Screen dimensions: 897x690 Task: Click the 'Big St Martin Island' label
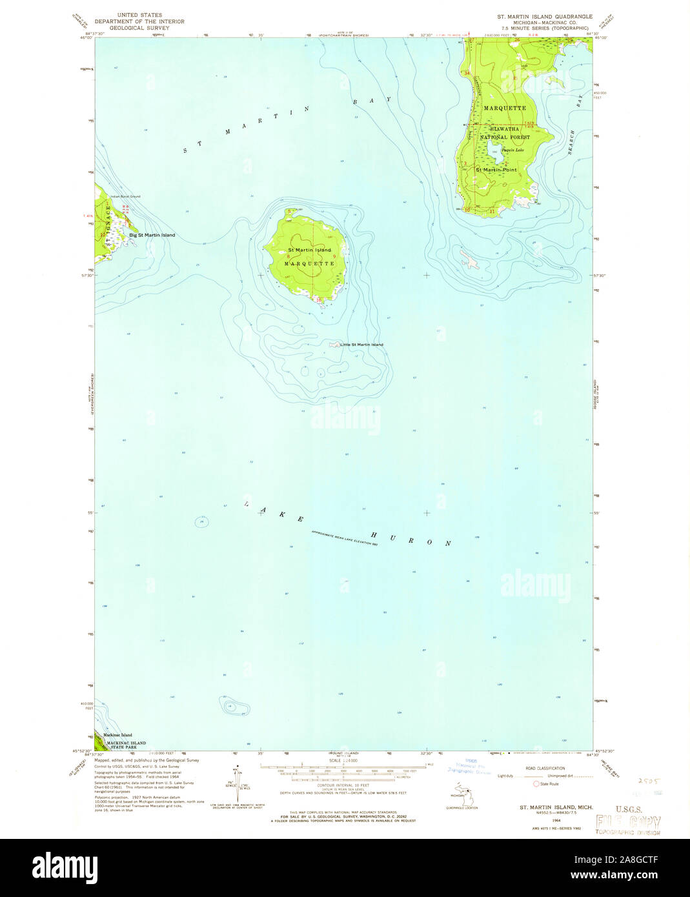pos(152,235)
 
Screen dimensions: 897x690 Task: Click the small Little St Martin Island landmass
pos(334,345)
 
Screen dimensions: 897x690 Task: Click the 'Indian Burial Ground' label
pos(125,196)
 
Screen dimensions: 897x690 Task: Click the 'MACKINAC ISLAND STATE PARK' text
pos(126,745)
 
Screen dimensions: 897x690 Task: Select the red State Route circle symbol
pos(536,783)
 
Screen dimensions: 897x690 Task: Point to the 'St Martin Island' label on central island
pos(309,250)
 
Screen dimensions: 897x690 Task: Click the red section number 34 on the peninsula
pos(467,74)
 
